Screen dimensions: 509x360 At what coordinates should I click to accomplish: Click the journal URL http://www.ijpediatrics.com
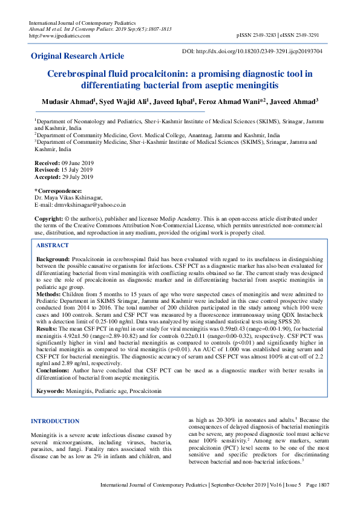(60, 36)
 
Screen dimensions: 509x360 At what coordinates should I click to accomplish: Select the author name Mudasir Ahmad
(65, 102)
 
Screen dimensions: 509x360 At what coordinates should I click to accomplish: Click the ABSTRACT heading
(53, 245)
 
